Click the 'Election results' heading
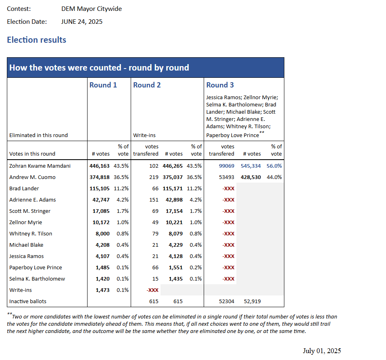tap(37, 40)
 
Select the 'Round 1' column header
tap(103, 85)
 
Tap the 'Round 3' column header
tap(220, 85)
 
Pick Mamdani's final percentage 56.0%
tap(274, 166)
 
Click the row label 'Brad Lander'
tap(24, 188)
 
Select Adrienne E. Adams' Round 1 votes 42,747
tap(100, 200)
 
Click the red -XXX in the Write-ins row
tap(152, 290)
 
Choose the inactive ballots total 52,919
tap(252, 301)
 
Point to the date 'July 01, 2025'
tap(321, 351)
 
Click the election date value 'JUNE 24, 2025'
tap(82, 22)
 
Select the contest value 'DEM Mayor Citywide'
tap(92, 9)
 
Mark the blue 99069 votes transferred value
tap(227, 166)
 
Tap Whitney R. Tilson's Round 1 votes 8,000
tap(102, 233)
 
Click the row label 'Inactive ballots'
tap(28, 301)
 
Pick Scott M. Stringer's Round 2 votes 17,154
tap(174, 211)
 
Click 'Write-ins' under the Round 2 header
tap(144, 135)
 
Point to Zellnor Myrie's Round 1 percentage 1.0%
tap(123, 222)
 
